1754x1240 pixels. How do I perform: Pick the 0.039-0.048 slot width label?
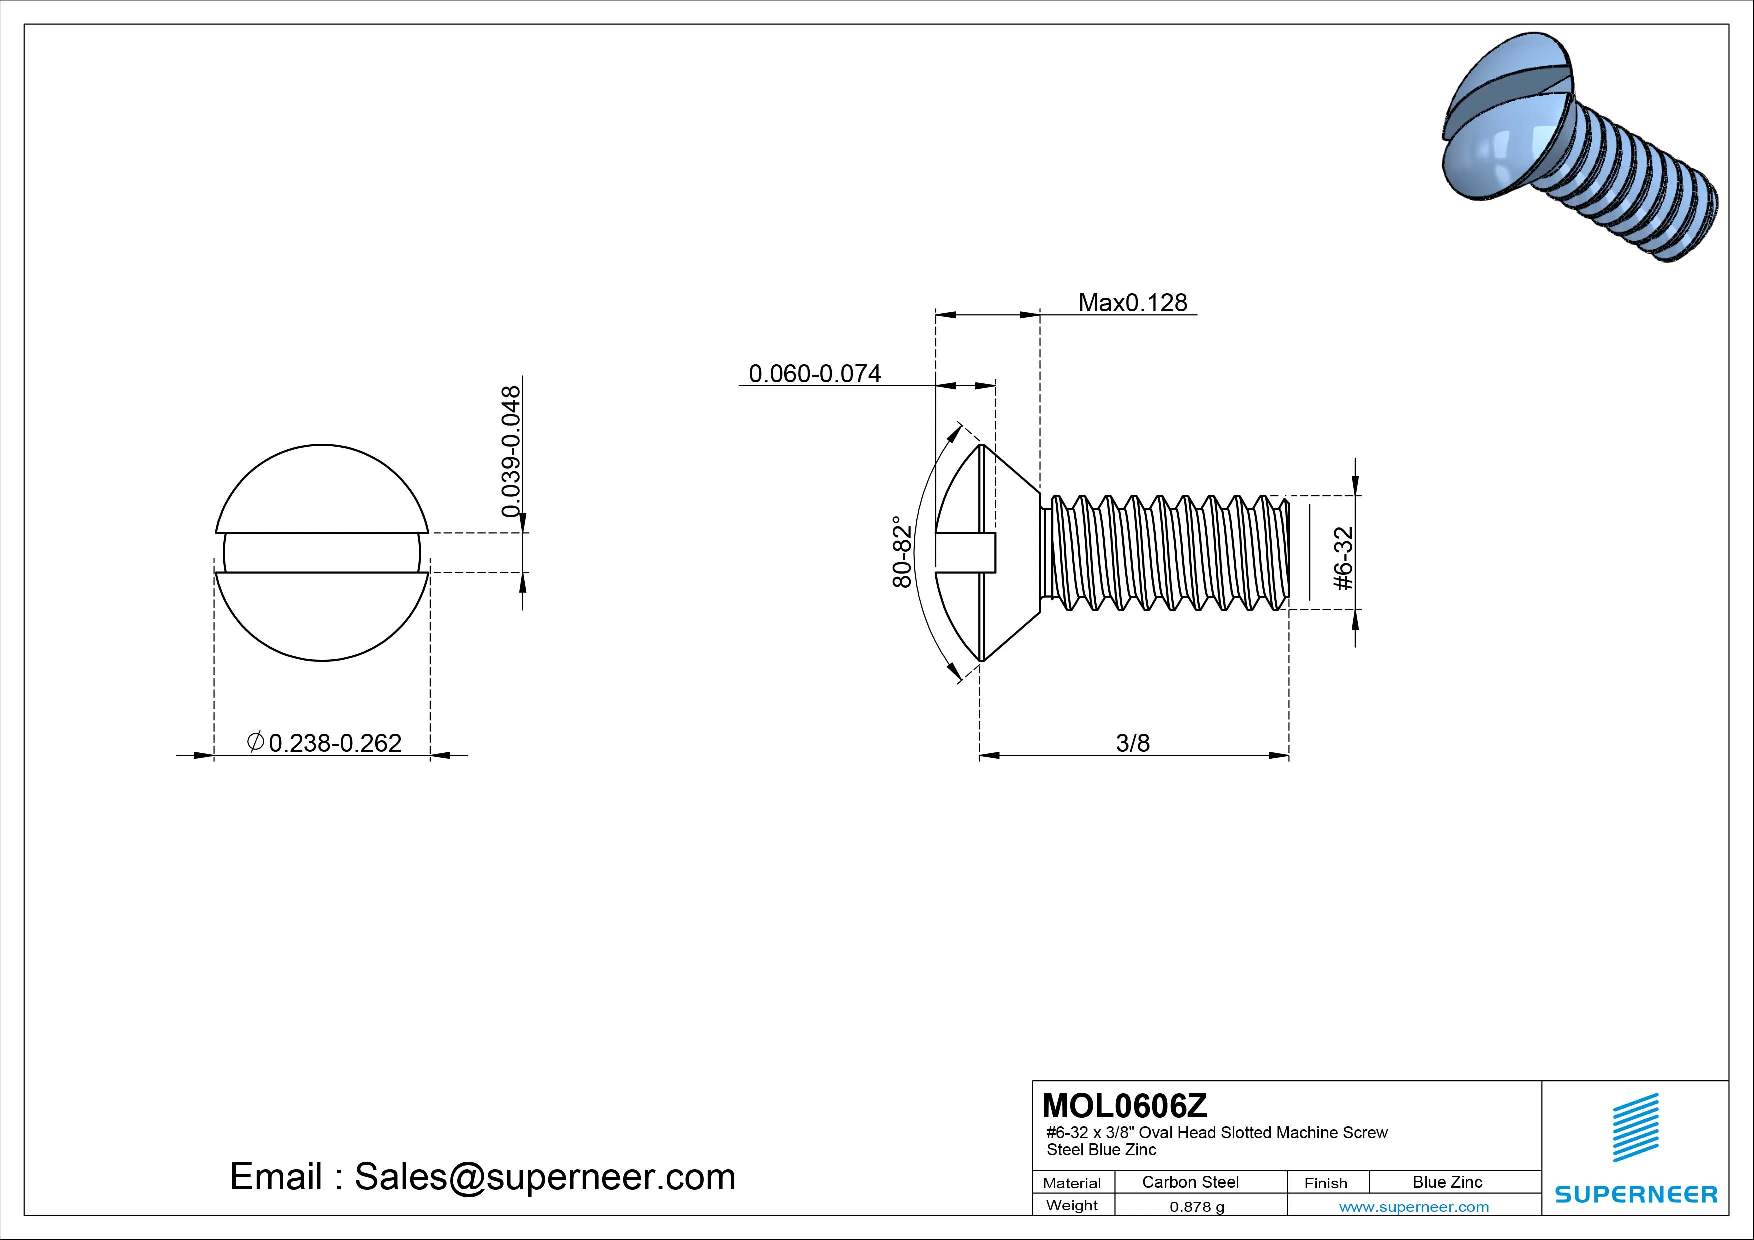click(x=511, y=451)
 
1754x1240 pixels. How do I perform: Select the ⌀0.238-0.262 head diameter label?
click(x=324, y=742)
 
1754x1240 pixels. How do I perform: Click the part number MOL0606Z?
click(x=1124, y=1105)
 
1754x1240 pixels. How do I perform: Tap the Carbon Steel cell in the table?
click(x=1190, y=1182)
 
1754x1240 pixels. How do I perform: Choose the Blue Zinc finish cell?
click(x=1447, y=1182)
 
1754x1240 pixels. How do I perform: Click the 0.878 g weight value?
click(x=1197, y=1207)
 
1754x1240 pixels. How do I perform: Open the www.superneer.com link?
click(x=1414, y=1207)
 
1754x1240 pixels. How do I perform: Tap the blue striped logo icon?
click(x=1635, y=1127)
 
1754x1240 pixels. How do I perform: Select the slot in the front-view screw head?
click(x=321, y=552)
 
